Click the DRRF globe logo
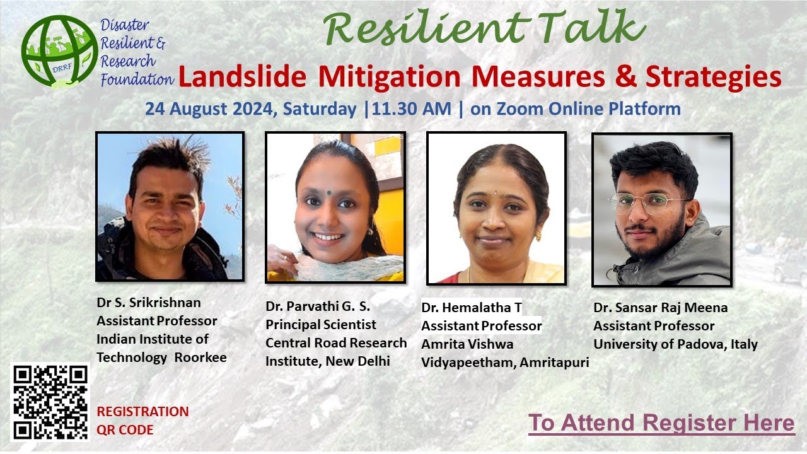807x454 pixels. coord(59,52)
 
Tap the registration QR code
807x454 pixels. coord(51,402)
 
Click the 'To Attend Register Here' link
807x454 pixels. coord(661,422)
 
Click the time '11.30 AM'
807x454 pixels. coord(412,109)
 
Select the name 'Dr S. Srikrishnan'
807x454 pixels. coord(149,303)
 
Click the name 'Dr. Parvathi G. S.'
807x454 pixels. coord(318,306)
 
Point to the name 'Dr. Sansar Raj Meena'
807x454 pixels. coord(660,308)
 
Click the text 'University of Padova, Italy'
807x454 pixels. coord(675,344)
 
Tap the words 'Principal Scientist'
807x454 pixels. coord(320,325)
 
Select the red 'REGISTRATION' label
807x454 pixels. coord(142,412)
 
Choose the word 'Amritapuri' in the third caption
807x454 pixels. coord(554,363)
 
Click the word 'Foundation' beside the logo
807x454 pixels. coord(137,80)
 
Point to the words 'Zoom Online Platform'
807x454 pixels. coord(588,109)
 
